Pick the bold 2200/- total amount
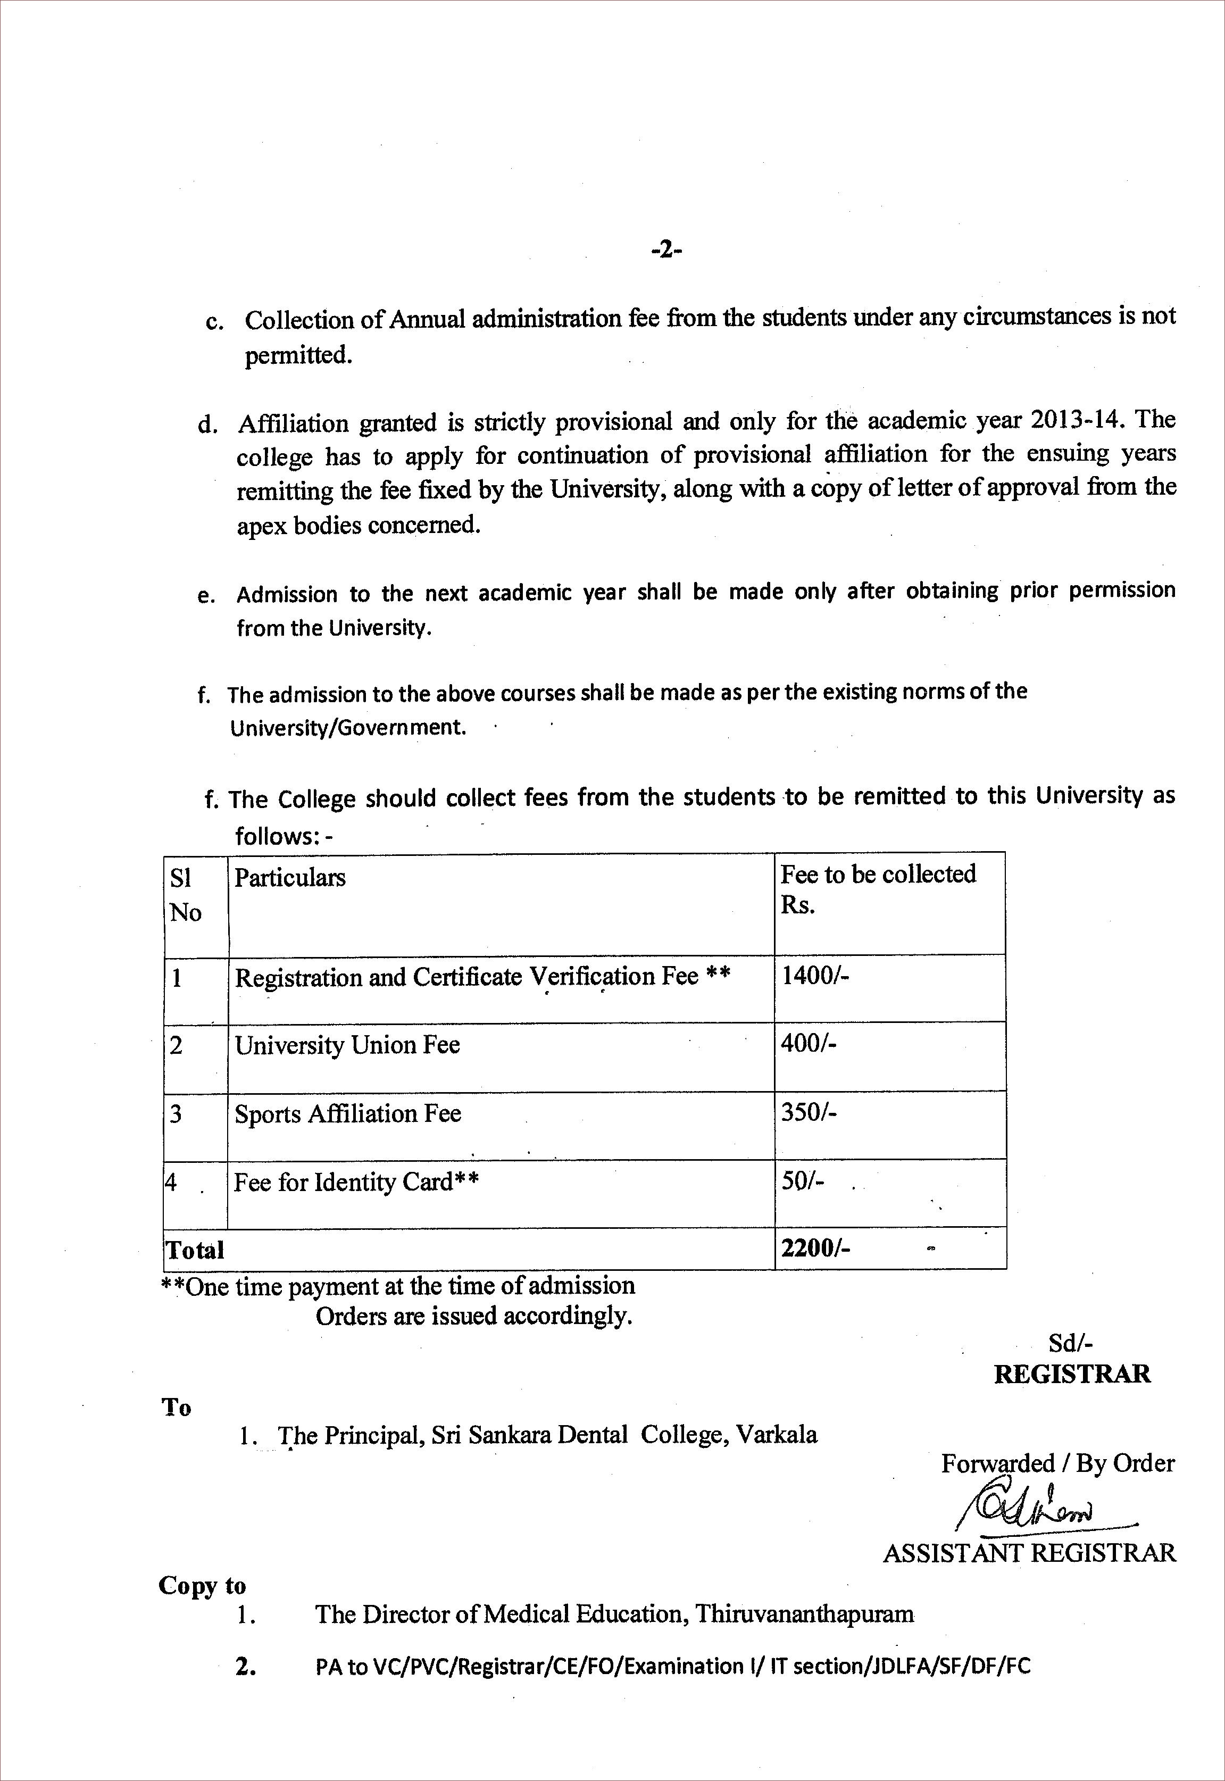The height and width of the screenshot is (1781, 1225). [815, 1248]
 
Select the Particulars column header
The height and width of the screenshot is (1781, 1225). [290, 877]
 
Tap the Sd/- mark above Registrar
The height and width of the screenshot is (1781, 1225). [1071, 1343]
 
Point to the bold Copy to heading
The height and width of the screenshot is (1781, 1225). [202, 1586]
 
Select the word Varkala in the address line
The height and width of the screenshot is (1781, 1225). [777, 1435]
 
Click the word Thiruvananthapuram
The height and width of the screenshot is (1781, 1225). [804, 1614]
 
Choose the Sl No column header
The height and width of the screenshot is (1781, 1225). [186, 894]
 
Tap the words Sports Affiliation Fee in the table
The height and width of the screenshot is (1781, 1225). [348, 1113]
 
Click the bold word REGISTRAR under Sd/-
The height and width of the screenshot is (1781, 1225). [1072, 1374]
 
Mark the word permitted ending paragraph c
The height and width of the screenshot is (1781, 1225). [298, 355]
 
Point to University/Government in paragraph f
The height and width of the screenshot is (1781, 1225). [348, 727]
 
